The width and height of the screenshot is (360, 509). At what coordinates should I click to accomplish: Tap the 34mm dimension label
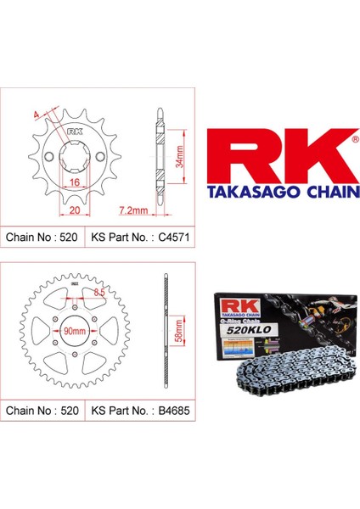pos(181,152)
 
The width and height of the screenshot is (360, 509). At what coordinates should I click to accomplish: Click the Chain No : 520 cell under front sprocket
pos(42,238)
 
